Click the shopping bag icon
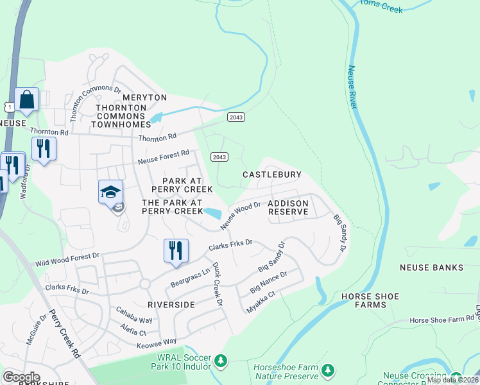point(26,100)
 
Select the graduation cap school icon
point(110,192)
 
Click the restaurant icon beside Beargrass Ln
point(176,250)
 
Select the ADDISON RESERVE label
point(288,207)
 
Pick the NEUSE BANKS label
point(431,267)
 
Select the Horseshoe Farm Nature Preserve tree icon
point(328,370)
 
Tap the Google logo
point(21,377)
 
